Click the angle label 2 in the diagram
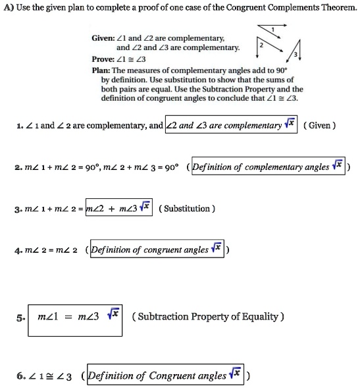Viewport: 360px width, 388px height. pos(261,44)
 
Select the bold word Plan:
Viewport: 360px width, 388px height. pos(101,69)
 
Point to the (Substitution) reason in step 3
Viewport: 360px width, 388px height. pos(188,208)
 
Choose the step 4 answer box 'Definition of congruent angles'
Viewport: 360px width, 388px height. pos(158,250)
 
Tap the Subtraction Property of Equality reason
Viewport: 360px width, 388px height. pos(209,316)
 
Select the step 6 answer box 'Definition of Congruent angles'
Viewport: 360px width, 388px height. pos(165,376)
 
